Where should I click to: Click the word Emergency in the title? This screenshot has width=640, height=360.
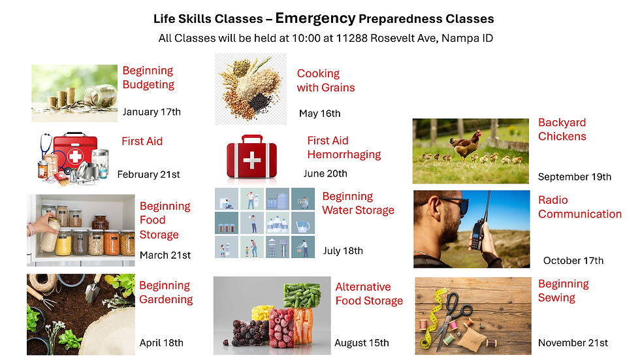tap(315, 18)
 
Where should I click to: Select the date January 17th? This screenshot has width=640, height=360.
tap(152, 112)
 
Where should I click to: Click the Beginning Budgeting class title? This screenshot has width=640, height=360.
tap(148, 78)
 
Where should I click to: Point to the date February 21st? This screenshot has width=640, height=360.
tap(148, 174)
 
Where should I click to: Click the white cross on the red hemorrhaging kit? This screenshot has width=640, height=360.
tap(251, 161)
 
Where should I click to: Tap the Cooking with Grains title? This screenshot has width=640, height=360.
tap(326, 80)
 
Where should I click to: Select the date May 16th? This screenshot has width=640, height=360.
tap(319, 114)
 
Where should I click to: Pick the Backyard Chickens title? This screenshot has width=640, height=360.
tap(562, 129)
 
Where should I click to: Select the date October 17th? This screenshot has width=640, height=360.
tap(573, 261)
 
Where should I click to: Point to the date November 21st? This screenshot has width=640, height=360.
tap(573, 342)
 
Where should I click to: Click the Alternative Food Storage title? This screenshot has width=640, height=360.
tap(369, 294)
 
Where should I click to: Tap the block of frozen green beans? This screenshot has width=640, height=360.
tap(302, 295)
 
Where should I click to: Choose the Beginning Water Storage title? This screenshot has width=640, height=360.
tap(358, 203)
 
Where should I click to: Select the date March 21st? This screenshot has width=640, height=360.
tap(165, 255)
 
